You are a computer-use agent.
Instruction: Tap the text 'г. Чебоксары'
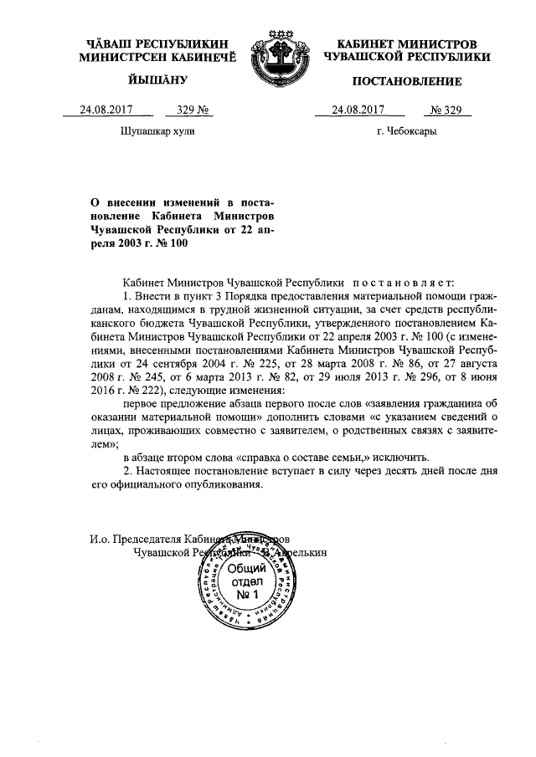click(x=407, y=131)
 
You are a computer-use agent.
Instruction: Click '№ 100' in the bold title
click(x=169, y=243)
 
